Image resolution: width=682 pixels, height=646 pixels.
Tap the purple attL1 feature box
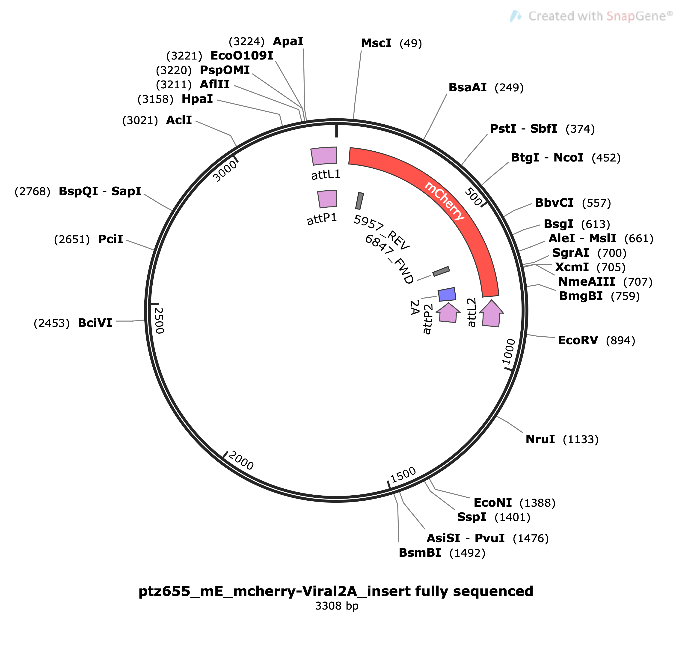pyautogui.click(x=324, y=156)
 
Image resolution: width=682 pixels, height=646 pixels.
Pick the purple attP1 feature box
pyautogui.click(x=327, y=199)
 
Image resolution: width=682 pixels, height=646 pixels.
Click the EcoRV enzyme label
pyautogui.click(x=578, y=340)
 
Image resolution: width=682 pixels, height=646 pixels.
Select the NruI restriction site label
pyautogui.click(x=540, y=439)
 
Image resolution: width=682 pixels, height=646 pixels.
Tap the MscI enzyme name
pyautogui.click(x=376, y=43)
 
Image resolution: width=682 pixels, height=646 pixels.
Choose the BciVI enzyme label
pyautogui.click(x=95, y=323)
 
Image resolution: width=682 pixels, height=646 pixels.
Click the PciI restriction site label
pyautogui.click(x=110, y=239)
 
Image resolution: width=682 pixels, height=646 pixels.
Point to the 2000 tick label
pyautogui.click(x=241, y=461)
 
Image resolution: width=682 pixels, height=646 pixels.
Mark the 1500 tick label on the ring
pyautogui.click(x=403, y=475)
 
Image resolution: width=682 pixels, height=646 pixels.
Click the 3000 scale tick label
pyautogui.click(x=225, y=171)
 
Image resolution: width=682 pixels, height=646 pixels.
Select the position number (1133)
pyautogui.click(x=581, y=440)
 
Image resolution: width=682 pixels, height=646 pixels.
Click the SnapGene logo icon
pyautogui.click(x=516, y=16)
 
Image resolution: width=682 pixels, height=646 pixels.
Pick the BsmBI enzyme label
pyautogui.click(x=420, y=553)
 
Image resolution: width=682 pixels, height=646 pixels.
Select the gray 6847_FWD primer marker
pyautogui.click(x=441, y=271)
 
